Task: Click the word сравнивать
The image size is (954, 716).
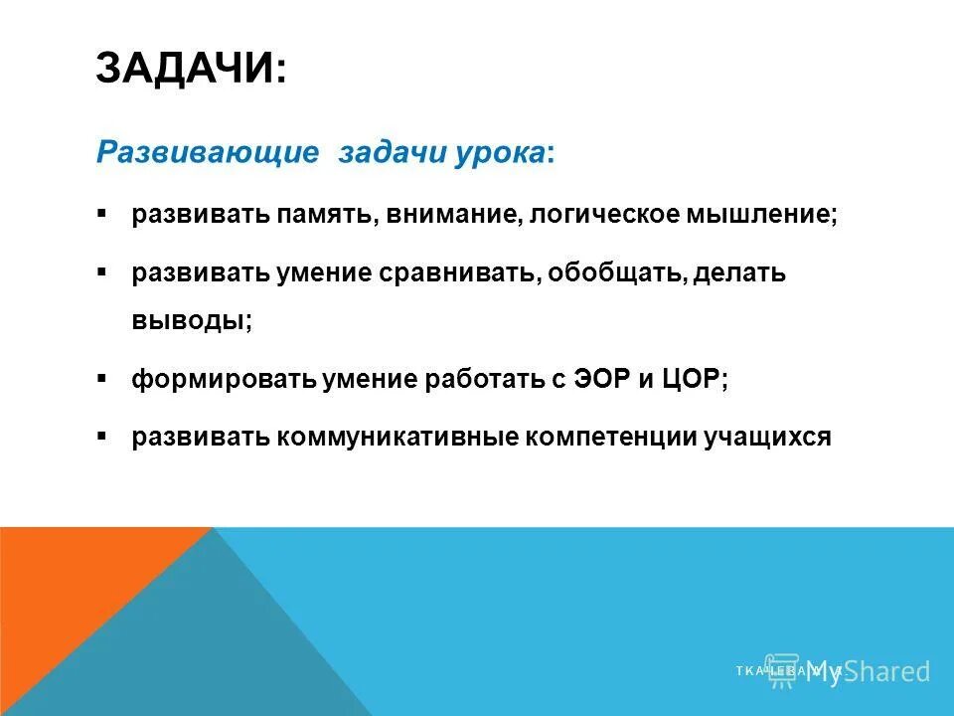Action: pos(460,273)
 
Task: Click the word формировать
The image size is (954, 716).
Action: pos(224,381)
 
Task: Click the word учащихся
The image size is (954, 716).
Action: pos(765,439)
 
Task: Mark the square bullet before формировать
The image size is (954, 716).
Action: pos(103,380)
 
